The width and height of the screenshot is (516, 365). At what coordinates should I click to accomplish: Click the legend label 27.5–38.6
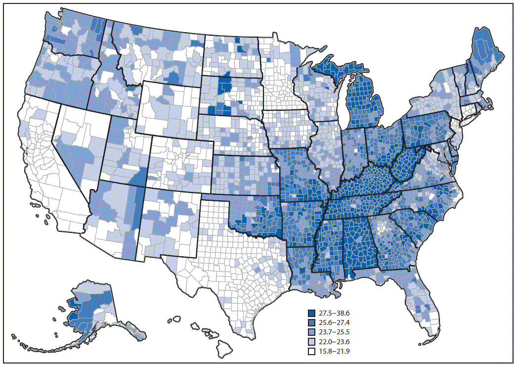(334, 313)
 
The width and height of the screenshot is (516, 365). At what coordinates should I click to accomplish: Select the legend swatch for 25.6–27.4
(311, 322)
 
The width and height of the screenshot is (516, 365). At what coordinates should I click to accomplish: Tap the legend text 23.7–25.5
(334, 332)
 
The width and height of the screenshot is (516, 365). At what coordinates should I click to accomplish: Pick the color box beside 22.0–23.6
(311, 342)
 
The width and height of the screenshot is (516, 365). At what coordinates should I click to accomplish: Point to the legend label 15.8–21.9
(334, 352)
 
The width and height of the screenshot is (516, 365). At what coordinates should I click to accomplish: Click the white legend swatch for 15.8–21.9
(311, 352)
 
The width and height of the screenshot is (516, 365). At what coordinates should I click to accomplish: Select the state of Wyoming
(171, 111)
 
